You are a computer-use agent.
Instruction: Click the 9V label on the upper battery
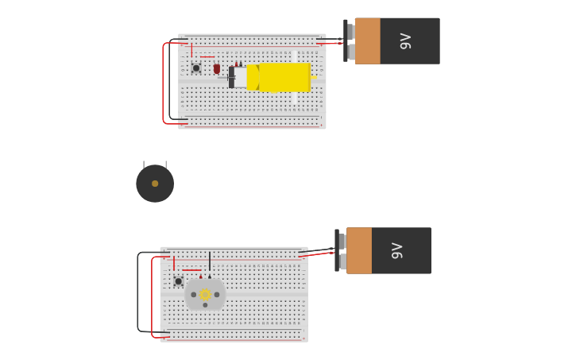pos(405,41)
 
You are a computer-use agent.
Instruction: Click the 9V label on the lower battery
pos(397,250)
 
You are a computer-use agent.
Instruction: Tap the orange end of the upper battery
pos(368,41)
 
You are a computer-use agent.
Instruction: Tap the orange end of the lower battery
pos(359,250)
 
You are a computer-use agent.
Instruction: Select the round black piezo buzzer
pos(155,184)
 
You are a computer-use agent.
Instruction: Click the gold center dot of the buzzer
pos(155,184)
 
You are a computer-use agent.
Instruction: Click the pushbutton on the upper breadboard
pos(196,68)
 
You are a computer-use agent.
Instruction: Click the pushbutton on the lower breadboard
pos(179,281)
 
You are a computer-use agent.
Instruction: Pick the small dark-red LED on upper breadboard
pos(216,68)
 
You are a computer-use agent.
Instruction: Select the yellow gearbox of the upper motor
pos(283,77)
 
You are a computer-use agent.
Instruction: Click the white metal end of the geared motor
pos(240,77)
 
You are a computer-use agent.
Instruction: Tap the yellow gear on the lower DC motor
pos(205,294)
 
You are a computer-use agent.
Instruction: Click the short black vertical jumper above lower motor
pos(210,262)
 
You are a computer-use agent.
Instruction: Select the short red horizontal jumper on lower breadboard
pos(191,270)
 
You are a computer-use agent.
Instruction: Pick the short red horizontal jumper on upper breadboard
pos(207,57)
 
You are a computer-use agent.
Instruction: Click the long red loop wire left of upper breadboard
pos(163,83)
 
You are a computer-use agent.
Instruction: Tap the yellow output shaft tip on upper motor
pos(314,77)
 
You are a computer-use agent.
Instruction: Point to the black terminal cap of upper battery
pos(346,41)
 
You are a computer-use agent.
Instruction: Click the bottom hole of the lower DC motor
pos(205,305)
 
